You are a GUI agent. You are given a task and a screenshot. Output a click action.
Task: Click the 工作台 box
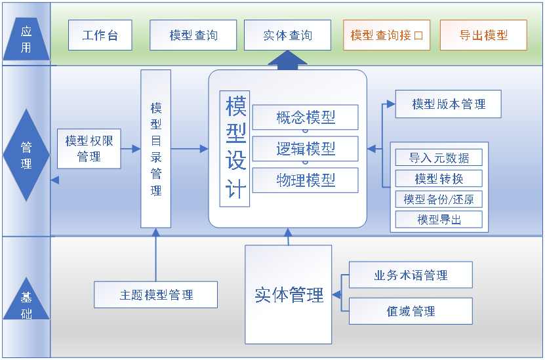tap(100, 35)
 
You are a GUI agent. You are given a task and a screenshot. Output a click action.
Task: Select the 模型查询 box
tap(193, 35)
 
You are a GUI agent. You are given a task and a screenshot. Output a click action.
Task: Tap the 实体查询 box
tap(287, 35)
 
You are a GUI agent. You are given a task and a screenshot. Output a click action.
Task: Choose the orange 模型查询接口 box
tap(386, 35)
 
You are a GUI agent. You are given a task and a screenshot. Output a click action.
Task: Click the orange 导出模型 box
tap(483, 35)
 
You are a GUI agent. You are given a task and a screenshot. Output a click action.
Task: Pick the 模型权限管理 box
tap(89, 149)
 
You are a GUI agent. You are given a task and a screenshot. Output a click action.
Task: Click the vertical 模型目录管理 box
tap(156, 149)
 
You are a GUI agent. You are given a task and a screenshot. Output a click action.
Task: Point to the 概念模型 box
tap(306, 117)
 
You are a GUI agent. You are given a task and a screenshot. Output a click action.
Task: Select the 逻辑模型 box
tap(306, 149)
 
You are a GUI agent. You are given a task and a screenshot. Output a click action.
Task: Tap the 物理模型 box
tap(306, 180)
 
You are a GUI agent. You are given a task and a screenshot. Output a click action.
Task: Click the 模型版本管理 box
tap(448, 104)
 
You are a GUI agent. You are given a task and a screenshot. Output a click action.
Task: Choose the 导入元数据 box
tap(439, 157)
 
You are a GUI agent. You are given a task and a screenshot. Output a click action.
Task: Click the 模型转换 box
tap(439, 178)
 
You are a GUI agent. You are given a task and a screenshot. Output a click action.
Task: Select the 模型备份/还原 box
tap(439, 199)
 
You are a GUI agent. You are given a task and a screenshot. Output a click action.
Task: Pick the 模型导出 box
tap(439, 220)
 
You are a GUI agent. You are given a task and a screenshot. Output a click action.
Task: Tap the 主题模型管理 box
tap(156, 295)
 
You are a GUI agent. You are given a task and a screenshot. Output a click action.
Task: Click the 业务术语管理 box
tap(411, 275)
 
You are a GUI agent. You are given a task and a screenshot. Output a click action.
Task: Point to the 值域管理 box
tap(411, 311)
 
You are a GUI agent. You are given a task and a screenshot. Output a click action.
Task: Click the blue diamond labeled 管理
tap(26, 155)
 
